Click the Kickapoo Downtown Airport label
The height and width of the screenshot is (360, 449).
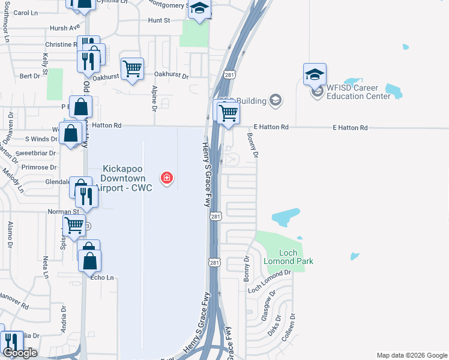(127, 179)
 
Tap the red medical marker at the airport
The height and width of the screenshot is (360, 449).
(166, 178)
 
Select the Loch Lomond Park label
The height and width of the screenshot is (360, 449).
(288, 257)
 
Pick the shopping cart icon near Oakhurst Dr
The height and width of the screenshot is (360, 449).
(132, 68)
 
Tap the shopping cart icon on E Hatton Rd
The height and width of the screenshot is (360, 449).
(228, 112)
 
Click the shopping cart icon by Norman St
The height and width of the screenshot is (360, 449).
(74, 226)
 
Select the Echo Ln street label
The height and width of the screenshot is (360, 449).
(101, 278)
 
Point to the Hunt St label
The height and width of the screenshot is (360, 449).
(159, 20)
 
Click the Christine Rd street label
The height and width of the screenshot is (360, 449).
(58, 44)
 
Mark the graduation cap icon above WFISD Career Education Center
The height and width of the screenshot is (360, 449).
(315, 74)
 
